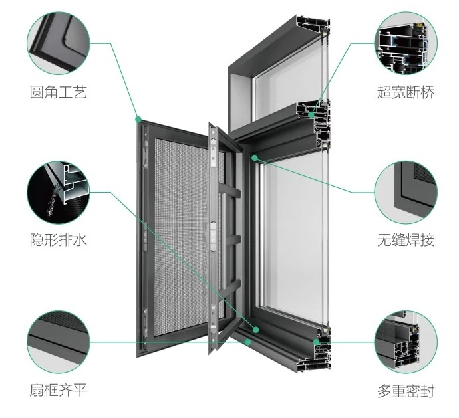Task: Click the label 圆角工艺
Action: tap(59, 92)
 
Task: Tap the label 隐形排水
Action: tap(59, 240)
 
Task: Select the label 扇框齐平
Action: tap(59, 390)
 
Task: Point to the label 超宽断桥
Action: tap(405, 92)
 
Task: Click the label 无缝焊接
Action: tap(405, 240)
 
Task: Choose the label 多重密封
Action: tap(405, 391)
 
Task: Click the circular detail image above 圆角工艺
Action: tap(59, 43)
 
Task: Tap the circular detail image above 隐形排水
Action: tap(59, 192)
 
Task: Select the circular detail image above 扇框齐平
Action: tap(59, 342)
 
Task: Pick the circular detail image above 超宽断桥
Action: tap(406, 43)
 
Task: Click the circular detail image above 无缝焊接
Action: tap(406, 192)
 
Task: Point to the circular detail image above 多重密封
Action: tap(406, 342)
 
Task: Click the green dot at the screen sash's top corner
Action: tap(138, 120)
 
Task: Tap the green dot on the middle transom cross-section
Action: tap(311, 114)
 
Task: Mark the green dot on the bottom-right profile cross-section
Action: tap(317, 342)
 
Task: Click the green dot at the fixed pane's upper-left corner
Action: tap(255, 158)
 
